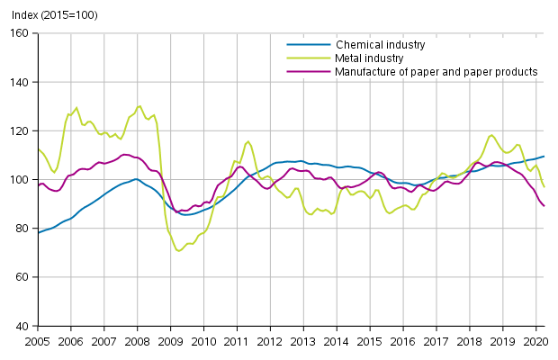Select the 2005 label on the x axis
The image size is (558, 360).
pyautogui.click(x=38, y=342)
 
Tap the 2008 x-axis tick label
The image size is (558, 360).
pyautogui.click(x=137, y=342)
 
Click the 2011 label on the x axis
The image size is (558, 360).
pyautogui.click(x=236, y=342)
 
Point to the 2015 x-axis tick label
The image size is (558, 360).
pyautogui.click(x=369, y=342)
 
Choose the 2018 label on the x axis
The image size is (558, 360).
pyautogui.click(x=468, y=342)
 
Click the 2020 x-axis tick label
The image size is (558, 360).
pyautogui.click(x=535, y=342)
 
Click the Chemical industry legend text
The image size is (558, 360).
pyautogui.click(x=380, y=44)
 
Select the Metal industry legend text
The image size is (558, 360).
pyautogui.click(x=371, y=58)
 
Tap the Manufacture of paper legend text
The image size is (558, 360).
pyautogui.click(x=436, y=71)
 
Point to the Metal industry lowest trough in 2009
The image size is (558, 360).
pyautogui.click(x=178, y=250)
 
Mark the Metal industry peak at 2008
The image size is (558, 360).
pyautogui.click(x=139, y=106)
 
